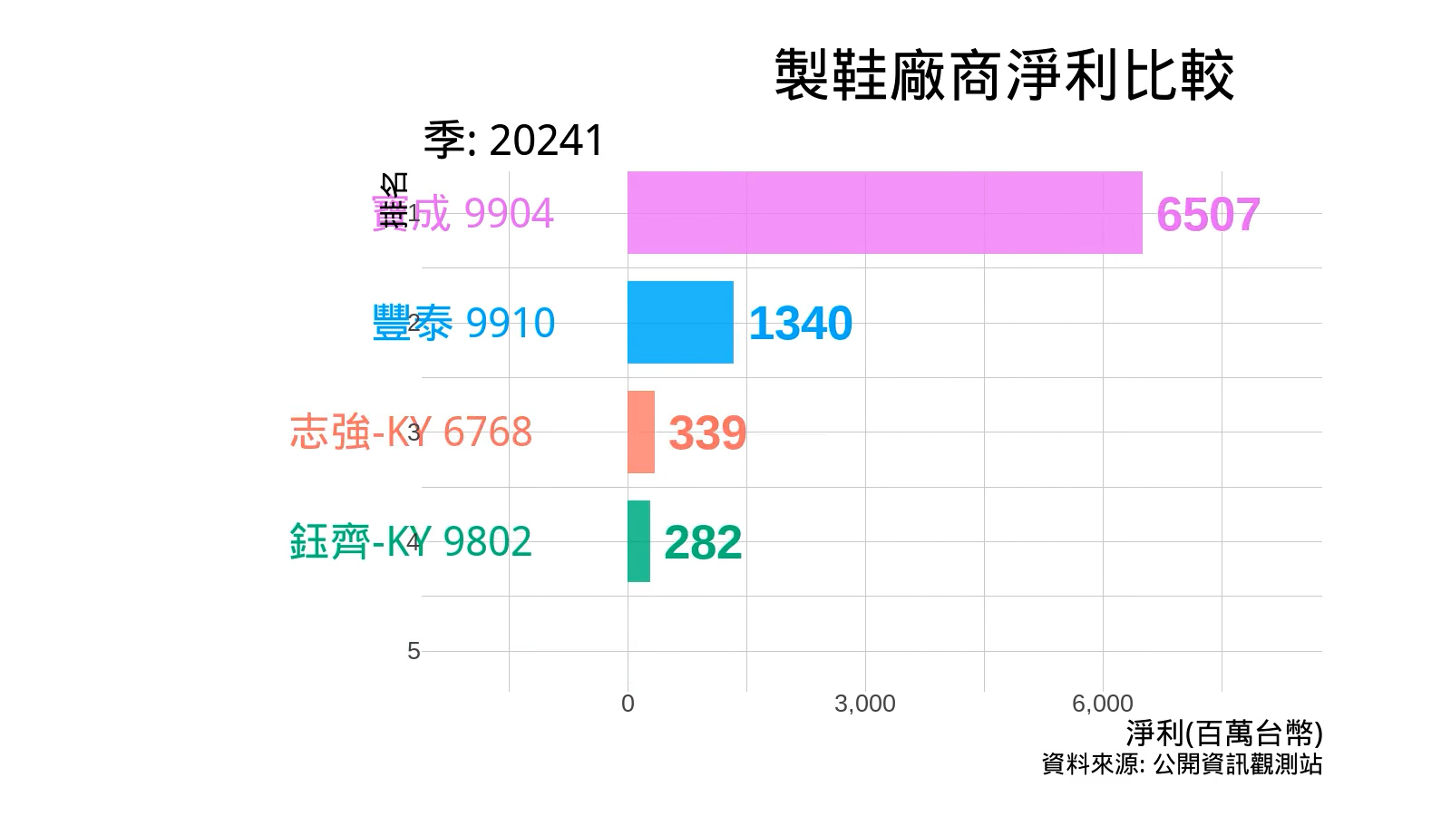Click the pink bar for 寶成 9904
pos(884,213)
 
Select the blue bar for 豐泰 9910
pos(680,323)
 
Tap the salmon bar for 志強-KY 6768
pos(640,432)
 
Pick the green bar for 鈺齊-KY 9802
pos(638,541)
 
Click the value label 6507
pos(1208,215)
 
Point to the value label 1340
pos(800,324)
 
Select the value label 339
pos(707,433)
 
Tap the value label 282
pos(703,543)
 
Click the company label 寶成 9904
pos(463,214)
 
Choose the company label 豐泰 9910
pos(463,324)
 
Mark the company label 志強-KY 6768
pos(411,432)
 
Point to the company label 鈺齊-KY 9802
pos(411,542)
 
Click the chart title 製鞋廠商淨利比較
pos(1004,75)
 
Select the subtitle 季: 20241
pos(513,141)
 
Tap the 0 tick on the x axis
pos(628,704)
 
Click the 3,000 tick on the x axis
pos(865,704)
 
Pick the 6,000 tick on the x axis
pos(1103,704)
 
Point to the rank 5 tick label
pos(414,651)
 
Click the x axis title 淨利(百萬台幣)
pos(1224,733)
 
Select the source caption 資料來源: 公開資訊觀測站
pos(1182,764)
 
